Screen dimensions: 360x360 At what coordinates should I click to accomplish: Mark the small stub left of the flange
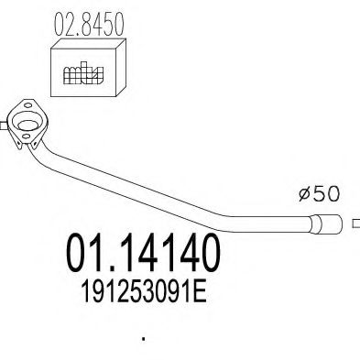click(x=4, y=125)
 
